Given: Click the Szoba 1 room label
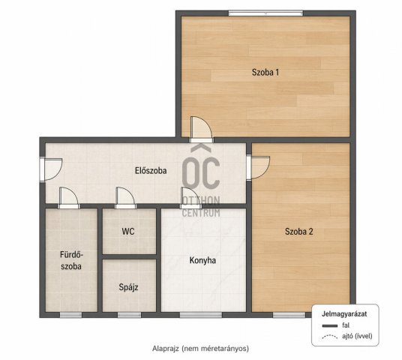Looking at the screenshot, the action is click(265, 72).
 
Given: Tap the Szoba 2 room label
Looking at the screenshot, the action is click(299, 232).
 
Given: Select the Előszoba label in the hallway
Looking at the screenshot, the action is click(151, 170).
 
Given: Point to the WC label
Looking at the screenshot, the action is click(128, 232).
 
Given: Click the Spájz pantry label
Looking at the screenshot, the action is click(128, 287).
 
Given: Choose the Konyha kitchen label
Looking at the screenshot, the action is click(202, 260).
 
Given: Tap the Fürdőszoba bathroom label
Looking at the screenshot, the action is click(71, 260).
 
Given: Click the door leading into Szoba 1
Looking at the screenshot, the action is click(202, 130).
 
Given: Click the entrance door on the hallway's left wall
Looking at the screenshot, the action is click(51, 170).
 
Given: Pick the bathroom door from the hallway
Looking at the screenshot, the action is click(69, 198).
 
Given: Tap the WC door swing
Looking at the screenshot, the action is click(125, 198).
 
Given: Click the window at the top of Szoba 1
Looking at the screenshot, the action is click(265, 13).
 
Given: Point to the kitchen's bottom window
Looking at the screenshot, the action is click(201, 315).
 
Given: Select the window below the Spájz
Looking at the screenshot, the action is click(129, 315).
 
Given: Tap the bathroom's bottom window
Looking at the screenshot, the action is click(70, 315).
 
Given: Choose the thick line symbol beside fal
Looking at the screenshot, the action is click(330, 326).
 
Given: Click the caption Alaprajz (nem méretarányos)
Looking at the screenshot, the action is click(200, 349).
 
